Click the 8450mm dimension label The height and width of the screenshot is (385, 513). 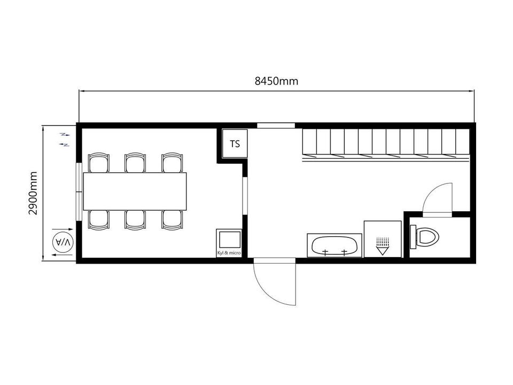coord(276,81)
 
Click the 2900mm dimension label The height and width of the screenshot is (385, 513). coord(33,193)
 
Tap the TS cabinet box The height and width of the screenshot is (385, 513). coord(235,144)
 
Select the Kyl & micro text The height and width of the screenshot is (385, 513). coord(229,253)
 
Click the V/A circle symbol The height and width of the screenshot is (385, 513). coord(63,243)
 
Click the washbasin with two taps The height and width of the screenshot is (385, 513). coord(335,245)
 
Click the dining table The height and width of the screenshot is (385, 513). coord(135,191)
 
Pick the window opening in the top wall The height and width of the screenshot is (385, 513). coord(276,125)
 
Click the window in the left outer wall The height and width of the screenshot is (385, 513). coord(79,191)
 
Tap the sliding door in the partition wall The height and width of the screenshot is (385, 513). coord(245,196)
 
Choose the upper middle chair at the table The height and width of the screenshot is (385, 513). coord(135,163)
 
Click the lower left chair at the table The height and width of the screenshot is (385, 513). coord(99,220)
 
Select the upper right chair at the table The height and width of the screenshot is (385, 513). coord(172,163)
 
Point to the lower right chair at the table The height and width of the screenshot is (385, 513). coord(172,220)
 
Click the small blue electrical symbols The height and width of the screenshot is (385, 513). coord(65,140)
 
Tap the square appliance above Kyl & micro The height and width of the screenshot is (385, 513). coord(229,240)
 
